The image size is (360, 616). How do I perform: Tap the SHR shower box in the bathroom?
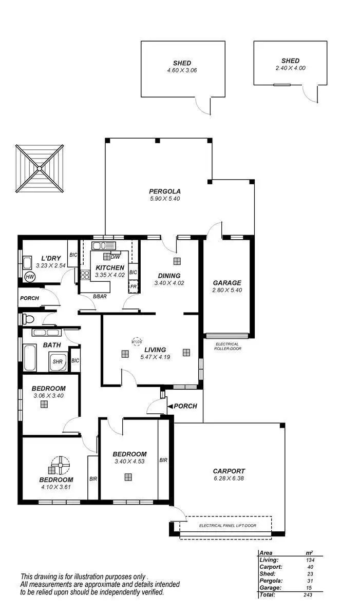(x=58, y=362)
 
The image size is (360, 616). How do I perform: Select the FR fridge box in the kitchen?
(x=133, y=286)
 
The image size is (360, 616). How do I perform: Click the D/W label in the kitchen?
(x=116, y=257)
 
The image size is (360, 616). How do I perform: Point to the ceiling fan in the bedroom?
(x=60, y=465)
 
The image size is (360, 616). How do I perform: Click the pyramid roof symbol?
(x=40, y=168)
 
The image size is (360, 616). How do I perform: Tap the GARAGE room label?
(x=226, y=283)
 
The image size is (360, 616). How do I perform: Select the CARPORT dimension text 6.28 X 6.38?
(x=229, y=478)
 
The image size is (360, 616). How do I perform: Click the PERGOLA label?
(x=165, y=191)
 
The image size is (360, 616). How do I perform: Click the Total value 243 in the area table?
(x=307, y=594)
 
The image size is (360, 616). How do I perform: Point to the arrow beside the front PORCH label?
(x=169, y=406)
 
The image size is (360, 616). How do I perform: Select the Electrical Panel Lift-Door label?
(x=228, y=525)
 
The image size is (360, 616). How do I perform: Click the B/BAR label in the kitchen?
(x=100, y=296)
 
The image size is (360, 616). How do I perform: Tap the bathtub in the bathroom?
(x=29, y=358)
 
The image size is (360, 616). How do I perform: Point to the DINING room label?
(x=169, y=276)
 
